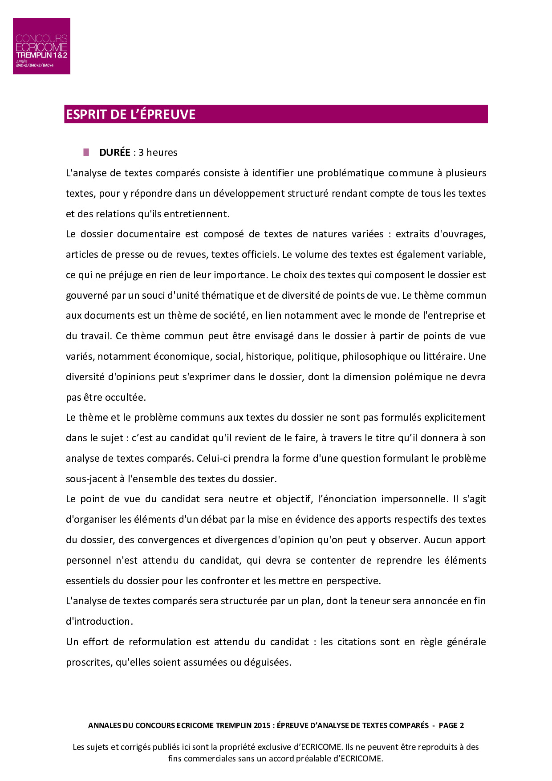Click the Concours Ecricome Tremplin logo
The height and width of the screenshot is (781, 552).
(41, 46)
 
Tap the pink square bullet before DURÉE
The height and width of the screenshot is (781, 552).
(86, 152)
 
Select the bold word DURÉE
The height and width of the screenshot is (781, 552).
(115, 152)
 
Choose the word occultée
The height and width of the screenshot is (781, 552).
(125, 397)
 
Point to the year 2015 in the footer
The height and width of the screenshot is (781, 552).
(262, 725)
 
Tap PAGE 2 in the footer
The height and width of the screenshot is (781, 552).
(451, 725)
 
